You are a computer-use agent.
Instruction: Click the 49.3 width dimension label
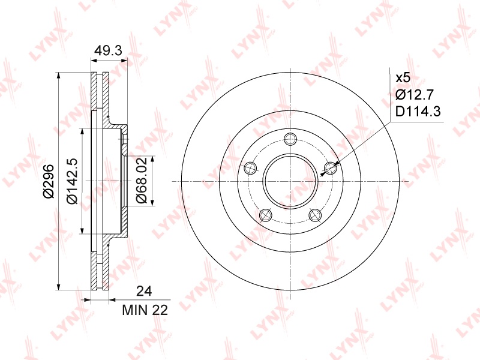pyautogui.click(x=108, y=50)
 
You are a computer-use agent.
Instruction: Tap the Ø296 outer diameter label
pyautogui.click(x=49, y=181)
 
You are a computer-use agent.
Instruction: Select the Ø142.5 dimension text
pyautogui.click(x=72, y=182)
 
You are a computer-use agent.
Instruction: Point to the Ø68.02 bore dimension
pyautogui.click(x=142, y=180)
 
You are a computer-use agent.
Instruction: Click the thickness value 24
pyautogui.click(x=144, y=291)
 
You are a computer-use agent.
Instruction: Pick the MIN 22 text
pyautogui.click(x=145, y=310)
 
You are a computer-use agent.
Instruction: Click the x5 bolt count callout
pyautogui.click(x=403, y=78)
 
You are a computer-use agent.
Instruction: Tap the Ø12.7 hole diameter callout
pyautogui.click(x=415, y=95)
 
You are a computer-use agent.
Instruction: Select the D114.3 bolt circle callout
pyautogui.click(x=418, y=112)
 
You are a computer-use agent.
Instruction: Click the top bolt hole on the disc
pyautogui.click(x=290, y=139)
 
